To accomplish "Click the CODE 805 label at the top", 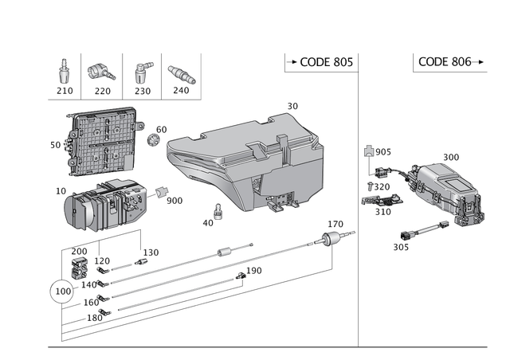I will pyautogui.click(x=318, y=62).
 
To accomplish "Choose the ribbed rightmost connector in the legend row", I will pyautogui.click(x=181, y=74).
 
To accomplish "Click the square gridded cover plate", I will pyautogui.click(x=101, y=142).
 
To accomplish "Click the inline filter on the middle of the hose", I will pyautogui.click(x=226, y=253).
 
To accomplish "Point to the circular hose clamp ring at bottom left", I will pyautogui.click(x=59, y=290).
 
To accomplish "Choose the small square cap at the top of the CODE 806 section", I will pyautogui.click(x=369, y=150).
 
